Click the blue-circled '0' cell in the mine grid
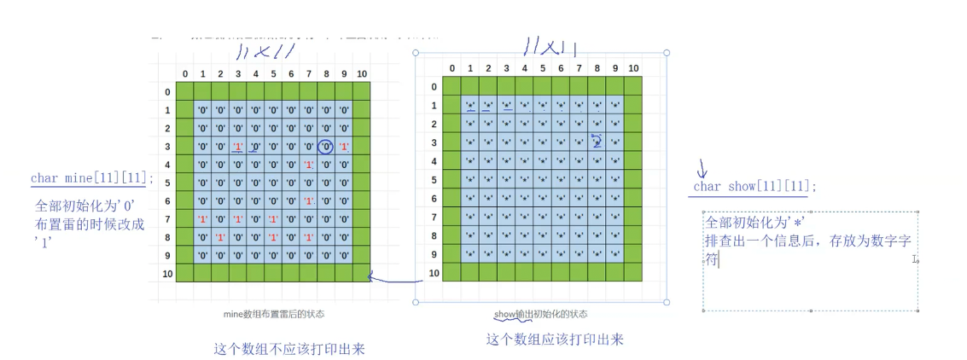(x=325, y=147)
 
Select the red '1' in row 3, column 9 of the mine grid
(x=344, y=147)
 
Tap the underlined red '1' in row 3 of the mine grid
(x=238, y=147)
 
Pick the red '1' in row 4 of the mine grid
(x=309, y=165)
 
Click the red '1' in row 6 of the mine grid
(x=309, y=201)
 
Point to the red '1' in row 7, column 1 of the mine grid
(x=203, y=219)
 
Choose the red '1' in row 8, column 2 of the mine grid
(x=220, y=237)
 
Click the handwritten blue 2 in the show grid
(x=597, y=141)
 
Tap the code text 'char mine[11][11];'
(x=93, y=178)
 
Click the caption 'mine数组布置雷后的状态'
(x=273, y=314)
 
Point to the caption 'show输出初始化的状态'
(x=540, y=314)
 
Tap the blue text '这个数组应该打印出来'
(x=555, y=340)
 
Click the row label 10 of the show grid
(x=433, y=273)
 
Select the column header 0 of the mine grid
(x=185, y=73)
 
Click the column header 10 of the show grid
(x=632, y=68)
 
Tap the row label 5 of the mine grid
(x=166, y=183)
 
